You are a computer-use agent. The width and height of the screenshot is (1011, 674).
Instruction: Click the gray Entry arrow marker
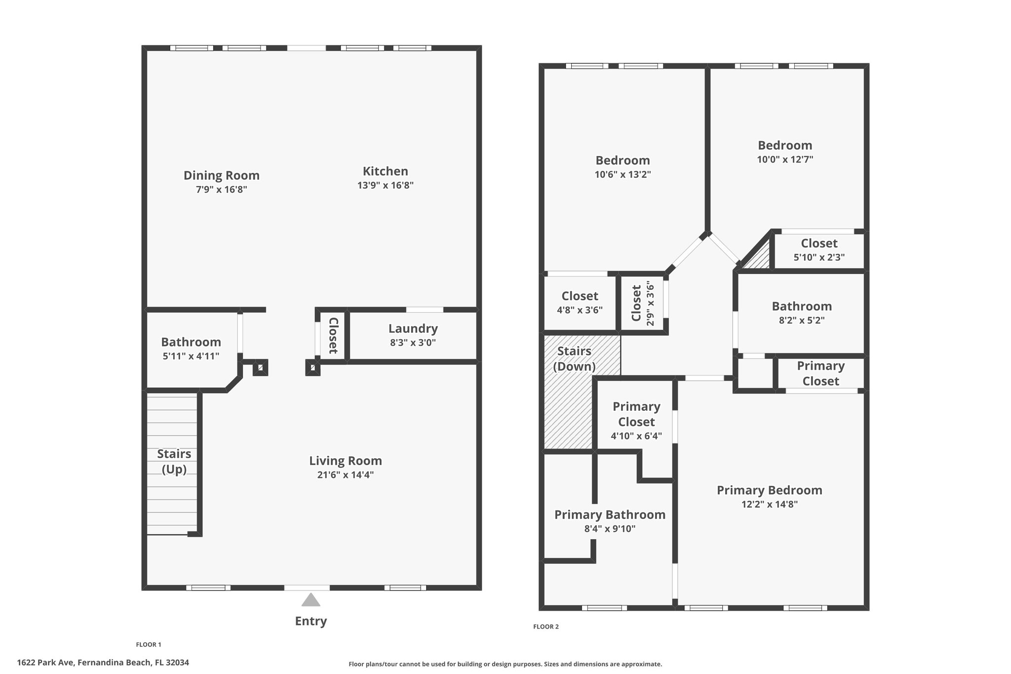click(311, 600)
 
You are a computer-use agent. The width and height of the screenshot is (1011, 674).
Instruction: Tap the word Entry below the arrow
click(311, 621)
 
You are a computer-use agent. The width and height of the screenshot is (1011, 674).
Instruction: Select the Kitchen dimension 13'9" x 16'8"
click(386, 186)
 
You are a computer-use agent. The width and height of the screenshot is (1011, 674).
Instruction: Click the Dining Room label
click(222, 175)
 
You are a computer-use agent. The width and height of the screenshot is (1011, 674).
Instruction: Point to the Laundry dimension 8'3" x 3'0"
click(413, 343)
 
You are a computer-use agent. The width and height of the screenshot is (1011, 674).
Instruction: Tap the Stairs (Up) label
click(174, 461)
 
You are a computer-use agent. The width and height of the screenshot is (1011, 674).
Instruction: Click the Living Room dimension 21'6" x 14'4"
click(346, 475)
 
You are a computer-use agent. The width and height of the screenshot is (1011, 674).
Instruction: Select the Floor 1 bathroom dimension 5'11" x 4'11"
click(191, 356)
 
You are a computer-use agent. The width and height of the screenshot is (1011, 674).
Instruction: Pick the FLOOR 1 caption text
click(149, 644)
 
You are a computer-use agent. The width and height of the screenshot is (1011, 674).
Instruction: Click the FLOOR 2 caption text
click(546, 627)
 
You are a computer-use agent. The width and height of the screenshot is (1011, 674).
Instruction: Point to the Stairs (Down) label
click(574, 358)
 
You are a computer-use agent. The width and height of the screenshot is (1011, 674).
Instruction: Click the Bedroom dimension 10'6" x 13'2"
click(623, 174)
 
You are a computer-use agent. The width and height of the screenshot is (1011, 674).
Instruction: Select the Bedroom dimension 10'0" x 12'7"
click(785, 159)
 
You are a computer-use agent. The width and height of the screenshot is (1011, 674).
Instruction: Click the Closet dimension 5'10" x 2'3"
click(819, 257)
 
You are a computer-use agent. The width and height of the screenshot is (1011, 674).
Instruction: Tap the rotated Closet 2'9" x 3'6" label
click(643, 303)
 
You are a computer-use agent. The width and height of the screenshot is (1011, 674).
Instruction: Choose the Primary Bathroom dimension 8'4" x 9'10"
click(610, 529)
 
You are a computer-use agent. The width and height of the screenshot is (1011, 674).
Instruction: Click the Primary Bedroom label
click(770, 490)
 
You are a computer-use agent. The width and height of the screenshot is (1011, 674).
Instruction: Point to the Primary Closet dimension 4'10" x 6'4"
click(636, 436)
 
